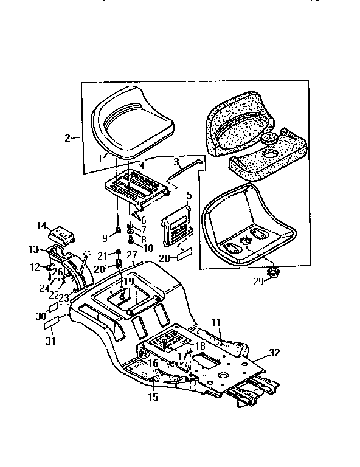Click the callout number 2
click(68, 138)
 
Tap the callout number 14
click(41, 226)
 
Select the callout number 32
click(274, 353)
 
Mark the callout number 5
click(189, 196)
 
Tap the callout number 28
click(164, 259)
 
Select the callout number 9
click(105, 238)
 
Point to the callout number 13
click(33, 249)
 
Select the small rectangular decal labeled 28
click(185, 252)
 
